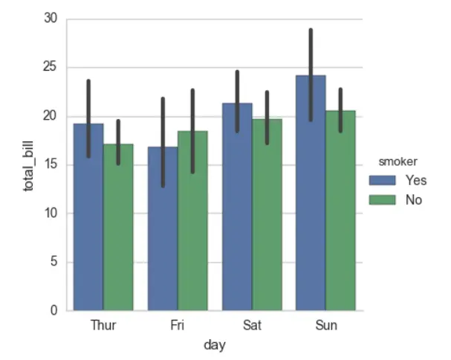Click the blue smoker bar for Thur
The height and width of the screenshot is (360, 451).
(x=88, y=223)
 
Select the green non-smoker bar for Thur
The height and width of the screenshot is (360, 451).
(x=118, y=231)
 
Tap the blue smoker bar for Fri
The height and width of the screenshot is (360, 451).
(x=163, y=238)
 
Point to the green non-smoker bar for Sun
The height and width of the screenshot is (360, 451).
(x=340, y=216)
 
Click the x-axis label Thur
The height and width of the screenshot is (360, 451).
(x=103, y=326)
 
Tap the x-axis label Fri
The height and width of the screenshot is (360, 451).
(x=178, y=326)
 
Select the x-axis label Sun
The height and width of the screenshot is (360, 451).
(x=325, y=326)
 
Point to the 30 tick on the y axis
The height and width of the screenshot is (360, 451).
(x=51, y=19)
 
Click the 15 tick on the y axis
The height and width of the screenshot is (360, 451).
(x=51, y=164)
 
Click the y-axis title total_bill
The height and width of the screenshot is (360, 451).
(x=30, y=164)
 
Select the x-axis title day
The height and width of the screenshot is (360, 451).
(x=215, y=344)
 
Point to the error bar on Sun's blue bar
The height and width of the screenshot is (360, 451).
(x=311, y=74)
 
